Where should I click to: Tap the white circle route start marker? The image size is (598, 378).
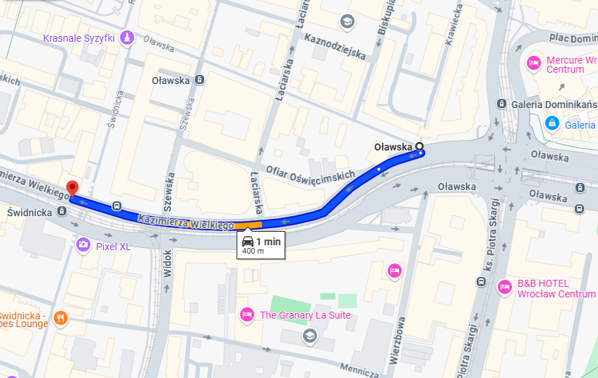pyautogui.click(x=420, y=147)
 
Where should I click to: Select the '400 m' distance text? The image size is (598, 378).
pyautogui.click(x=253, y=251)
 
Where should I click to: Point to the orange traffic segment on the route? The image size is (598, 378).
pyautogui.click(x=248, y=225)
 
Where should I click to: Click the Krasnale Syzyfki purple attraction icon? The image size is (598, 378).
pyautogui.click(x=127, y=37)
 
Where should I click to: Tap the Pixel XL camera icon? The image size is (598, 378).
pyautogui.click(x=83, y=245)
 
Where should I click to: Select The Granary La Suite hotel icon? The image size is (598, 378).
pyautogui.click(x=246, y=314)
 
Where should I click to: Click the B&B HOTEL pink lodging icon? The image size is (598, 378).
pyautogui.click(x=504, y=287)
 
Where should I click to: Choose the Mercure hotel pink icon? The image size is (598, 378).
pyautogui.click(x=534, y=64)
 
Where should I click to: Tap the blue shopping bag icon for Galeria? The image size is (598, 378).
pyautogui.click(x=552, y=124)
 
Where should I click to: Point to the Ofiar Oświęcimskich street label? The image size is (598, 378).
pyautogui.click(x=310, y=175)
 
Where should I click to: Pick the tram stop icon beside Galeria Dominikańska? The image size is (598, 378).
pyautogui.click(x=501, y=105)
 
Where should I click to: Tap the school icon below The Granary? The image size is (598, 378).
pyautogui.click(x=309, y=334)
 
